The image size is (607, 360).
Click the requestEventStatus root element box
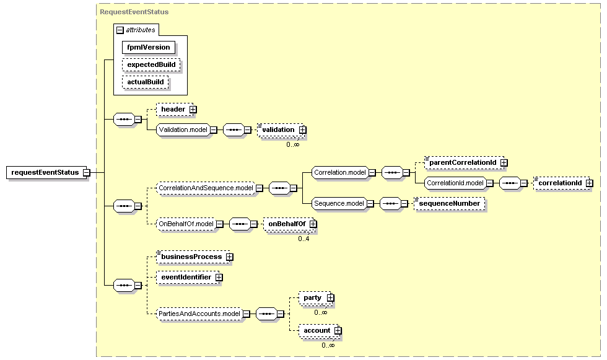[x=48, y=173]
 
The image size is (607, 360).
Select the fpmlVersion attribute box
[x=149, y=47]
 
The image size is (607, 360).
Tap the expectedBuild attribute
[x=151, y=64]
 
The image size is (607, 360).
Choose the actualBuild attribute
[x=146, y=82]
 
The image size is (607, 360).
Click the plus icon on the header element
[x=193, y=110]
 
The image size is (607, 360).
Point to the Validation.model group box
[x=183, y=130]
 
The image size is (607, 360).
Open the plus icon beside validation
[x=303, y=130]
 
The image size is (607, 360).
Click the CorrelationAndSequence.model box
[x=206, y=188]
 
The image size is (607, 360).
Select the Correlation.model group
[x=340, y=173]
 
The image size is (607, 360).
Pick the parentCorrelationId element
[x=464, y=162]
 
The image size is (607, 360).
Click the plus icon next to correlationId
[x=589, y=183]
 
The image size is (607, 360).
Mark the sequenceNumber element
[x=450, y=204]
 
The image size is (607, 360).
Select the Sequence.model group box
[x=339, y=204]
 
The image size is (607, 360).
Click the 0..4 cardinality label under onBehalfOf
[x=304, y=239]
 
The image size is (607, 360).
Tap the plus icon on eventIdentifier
[x=219, y=278]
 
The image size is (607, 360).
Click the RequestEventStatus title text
[x=134, y=12]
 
